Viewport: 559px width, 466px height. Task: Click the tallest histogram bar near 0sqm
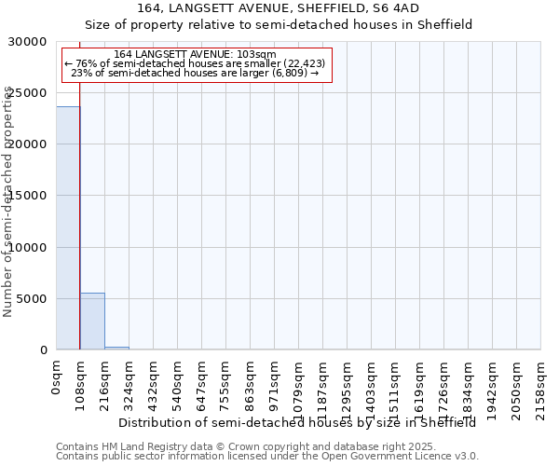pyautogui.click(x=68, y=228)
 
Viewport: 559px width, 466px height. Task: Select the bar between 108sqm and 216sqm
pyautogui.click(x=92, y=322)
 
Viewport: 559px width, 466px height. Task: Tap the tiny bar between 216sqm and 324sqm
pyautogui.click(x=116, y=348)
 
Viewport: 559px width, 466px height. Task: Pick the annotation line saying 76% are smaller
pyautogui.click(x=195, y=63)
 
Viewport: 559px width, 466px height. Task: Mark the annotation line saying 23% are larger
pyautogui.click(x=195, y=73)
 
